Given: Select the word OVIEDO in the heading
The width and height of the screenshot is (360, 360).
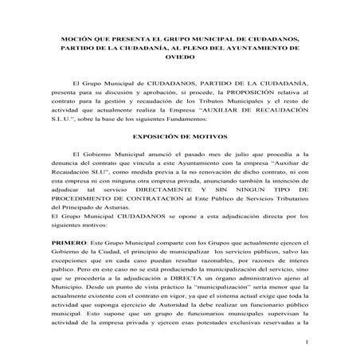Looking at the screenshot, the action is pos(178,57).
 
